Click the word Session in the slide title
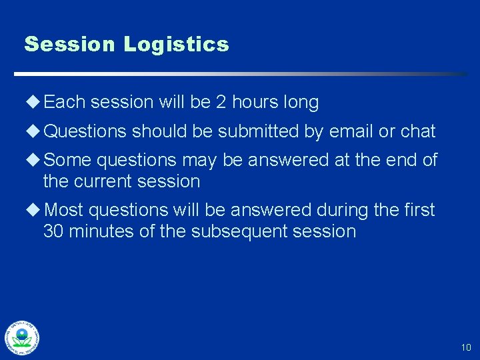click(x=70, y=45)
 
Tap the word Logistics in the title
click(x=176, y=45)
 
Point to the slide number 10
click(x=465, y=347)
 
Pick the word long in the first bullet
click(x=301, y=103)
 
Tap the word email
click(x=351, y=131)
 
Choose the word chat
click(x=418, y=131)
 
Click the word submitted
click(x=259, y=131)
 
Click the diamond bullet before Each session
click(x=34, y=103)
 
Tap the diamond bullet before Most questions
click(x=34, y=210)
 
